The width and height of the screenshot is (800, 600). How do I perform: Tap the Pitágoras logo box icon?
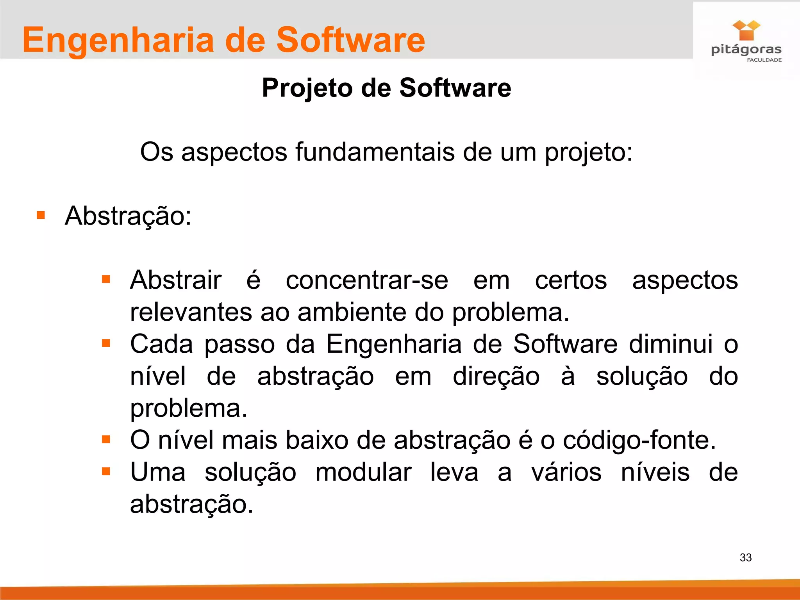pos(746,30)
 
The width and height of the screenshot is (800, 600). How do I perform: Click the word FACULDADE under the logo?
pos(764,60)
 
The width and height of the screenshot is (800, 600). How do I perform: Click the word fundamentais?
pos(375,152)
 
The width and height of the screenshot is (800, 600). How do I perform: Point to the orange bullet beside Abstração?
pos(41,215)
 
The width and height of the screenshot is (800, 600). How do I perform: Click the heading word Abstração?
pos(128,216)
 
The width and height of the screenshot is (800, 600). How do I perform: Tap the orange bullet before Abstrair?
pos(106,279)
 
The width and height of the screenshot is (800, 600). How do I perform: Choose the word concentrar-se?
pos(367,280)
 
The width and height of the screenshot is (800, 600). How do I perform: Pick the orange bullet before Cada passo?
pos(106,343)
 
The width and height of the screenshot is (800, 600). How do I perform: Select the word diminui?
pos(671,344)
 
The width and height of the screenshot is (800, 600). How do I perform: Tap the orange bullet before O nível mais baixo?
pos(106,439)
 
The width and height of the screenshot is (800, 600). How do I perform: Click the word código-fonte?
pos(639,440)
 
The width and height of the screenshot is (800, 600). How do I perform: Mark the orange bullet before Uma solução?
pos(106,471)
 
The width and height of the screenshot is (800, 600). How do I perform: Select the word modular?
pos(363,472)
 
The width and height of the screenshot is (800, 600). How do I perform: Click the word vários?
pos(566,472)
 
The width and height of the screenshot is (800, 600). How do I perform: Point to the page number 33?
pos(745,557)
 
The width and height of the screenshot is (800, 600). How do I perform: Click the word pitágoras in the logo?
pos(746,50)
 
